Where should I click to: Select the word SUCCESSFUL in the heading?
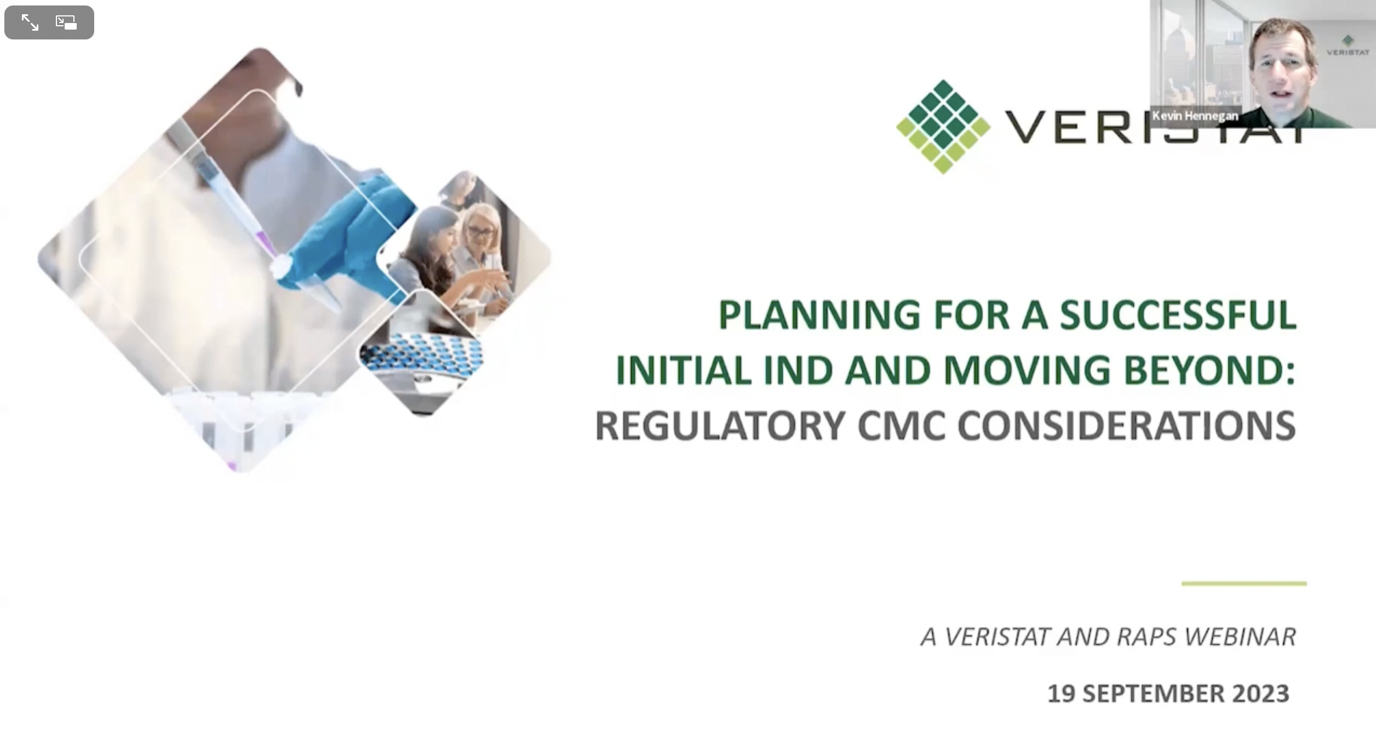point(1178,315)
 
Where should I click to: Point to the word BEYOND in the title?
point(1210,370)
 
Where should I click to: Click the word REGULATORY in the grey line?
point(721,426)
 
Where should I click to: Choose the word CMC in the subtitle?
point(902,426)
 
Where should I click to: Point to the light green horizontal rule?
point(1244,584)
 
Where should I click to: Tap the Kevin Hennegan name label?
point(1195,116)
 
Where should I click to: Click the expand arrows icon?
point(30,22)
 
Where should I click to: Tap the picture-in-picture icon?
point(66,22)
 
